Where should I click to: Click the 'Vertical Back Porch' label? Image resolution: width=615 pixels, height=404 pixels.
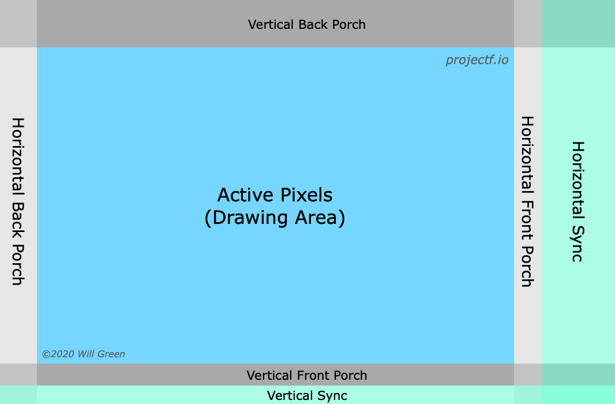[306, 24]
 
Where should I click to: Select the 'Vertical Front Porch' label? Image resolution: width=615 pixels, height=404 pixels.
[306, 375]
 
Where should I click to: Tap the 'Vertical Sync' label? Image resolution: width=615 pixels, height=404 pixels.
[307, 395]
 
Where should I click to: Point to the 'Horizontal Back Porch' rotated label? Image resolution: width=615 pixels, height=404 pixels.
[18, 201]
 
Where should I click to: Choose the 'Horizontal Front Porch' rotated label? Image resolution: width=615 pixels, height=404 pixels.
[527, 201]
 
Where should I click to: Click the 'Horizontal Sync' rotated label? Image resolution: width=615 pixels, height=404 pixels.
[577, 201]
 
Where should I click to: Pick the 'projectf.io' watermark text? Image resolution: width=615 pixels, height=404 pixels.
[477, 60]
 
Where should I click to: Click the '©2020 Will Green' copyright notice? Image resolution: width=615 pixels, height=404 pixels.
[83, 354]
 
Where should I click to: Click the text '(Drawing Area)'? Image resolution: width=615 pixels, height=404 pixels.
[275, 218]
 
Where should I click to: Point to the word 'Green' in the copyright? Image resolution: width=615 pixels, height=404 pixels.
[111, 354]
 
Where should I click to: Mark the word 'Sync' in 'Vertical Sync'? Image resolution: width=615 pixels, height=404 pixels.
[332, 395]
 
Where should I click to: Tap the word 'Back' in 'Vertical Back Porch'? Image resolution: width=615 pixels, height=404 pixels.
[312, 24]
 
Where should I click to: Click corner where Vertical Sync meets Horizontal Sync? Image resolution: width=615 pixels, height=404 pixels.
[578, 395]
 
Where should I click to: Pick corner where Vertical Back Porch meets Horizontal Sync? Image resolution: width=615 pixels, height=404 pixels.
[578, 24]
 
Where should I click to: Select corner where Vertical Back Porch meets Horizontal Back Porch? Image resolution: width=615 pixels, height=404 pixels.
[18, 24]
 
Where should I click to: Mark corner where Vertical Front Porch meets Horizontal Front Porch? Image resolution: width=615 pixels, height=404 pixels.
[528, 375]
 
